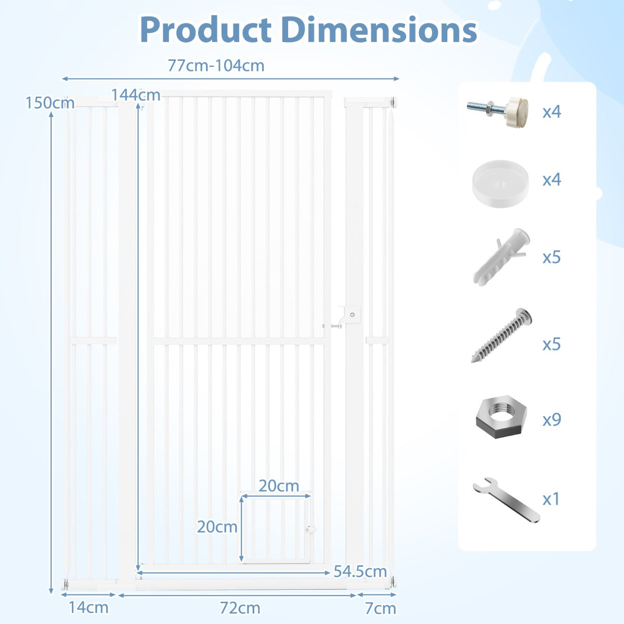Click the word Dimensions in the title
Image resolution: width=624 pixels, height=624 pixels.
[379, 30]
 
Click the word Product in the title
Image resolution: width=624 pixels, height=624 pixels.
[206, 30]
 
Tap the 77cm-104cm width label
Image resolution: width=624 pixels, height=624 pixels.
[216, 66]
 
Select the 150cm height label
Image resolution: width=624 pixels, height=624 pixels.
[50, 103]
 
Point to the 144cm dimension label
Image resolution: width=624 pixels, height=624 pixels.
[136, 95]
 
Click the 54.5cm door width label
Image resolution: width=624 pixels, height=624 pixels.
[360, 571]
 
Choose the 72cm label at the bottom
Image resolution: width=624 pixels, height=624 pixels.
[240, 608]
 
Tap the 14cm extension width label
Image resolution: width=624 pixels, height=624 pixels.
[88, 607]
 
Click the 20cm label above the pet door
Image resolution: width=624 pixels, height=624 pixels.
[279, 486]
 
